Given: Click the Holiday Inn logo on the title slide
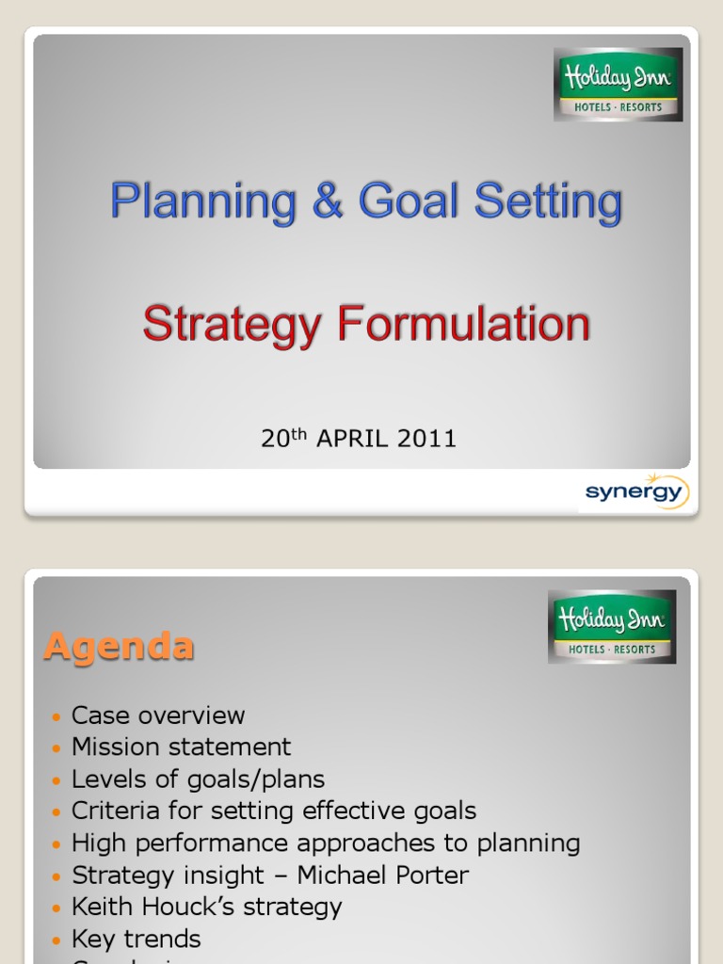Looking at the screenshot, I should click(x=618, y=85).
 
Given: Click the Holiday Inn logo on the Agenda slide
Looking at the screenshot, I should click(x=612, y=627).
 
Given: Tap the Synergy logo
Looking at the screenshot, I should click(x=636, y=492).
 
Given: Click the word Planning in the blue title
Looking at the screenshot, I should click(x=204, y=202).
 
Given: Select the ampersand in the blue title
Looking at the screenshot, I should click(x=329, y=202).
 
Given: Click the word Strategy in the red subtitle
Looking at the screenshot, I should click(x=233, y=325).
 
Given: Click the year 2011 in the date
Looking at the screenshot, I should click(x=426, y=439).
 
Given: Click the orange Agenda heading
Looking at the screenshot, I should click(x=120, y=647).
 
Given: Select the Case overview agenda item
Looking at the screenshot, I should click(x=158, y=715).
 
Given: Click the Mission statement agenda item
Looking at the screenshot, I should click(x=182, y=747).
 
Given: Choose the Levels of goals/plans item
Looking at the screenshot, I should click(x=199, y=779).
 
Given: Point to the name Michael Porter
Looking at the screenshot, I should click(x=383, y=876).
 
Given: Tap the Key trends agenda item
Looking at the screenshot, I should click(x=137, y=940).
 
